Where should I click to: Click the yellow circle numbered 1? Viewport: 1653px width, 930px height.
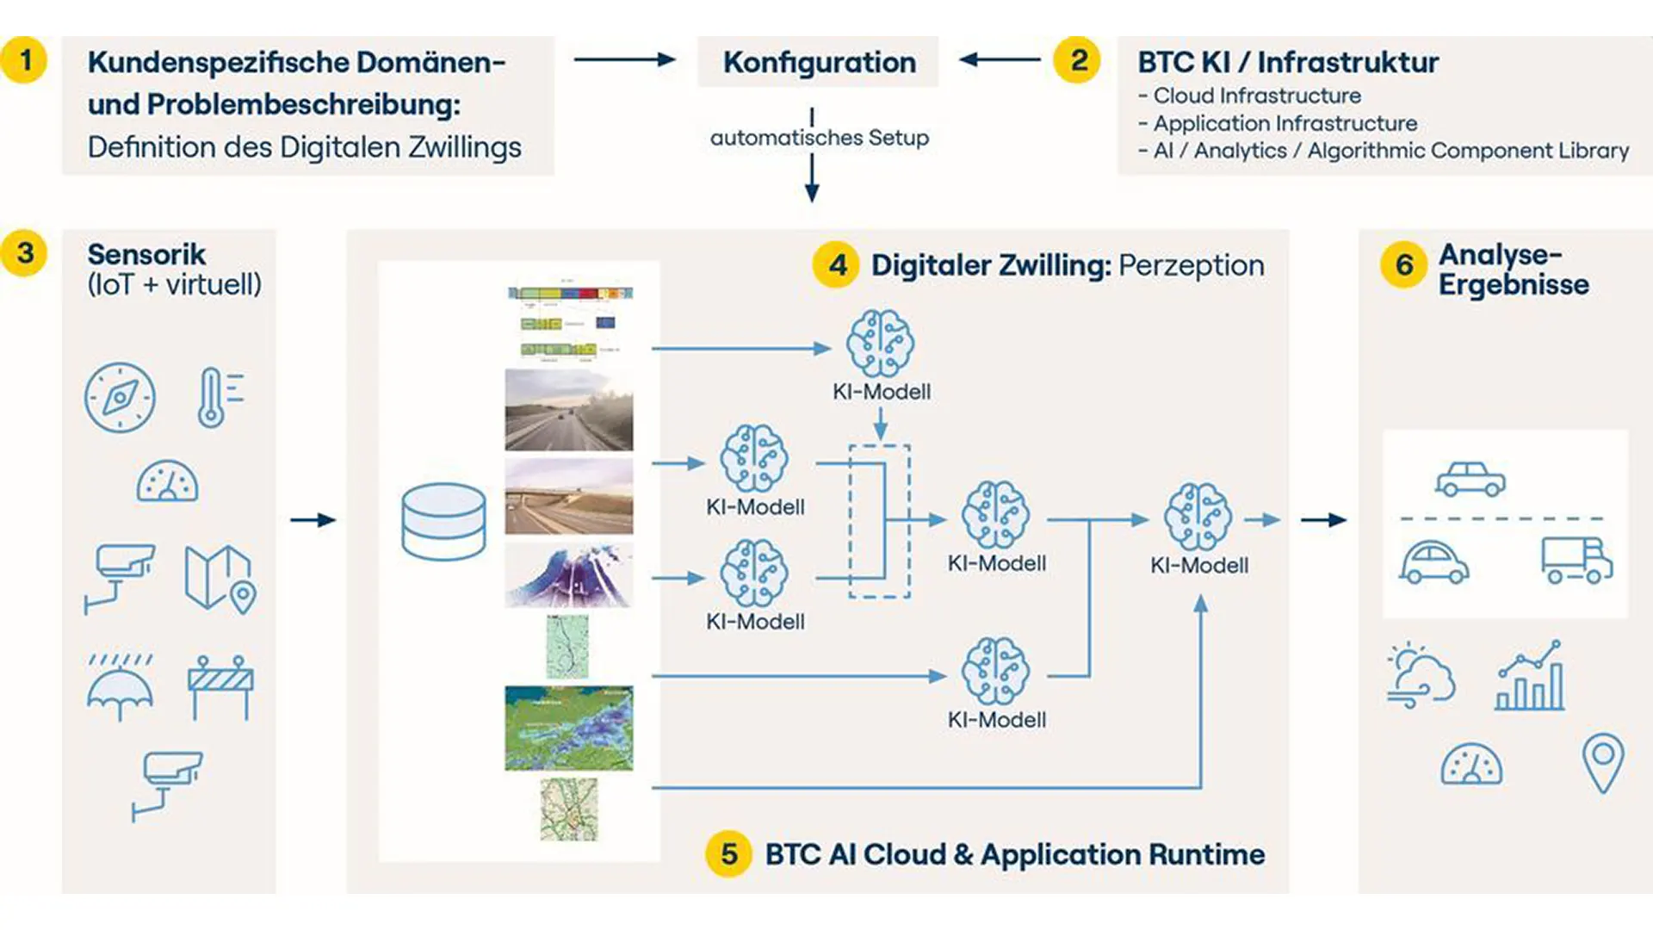(24, 60)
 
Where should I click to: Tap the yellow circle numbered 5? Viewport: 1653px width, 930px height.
(728, 853)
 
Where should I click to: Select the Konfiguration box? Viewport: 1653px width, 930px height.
(818, 62)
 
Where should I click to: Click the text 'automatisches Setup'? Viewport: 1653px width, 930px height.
(819, 138)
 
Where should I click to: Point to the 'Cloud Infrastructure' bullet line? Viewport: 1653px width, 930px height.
(1257, 96)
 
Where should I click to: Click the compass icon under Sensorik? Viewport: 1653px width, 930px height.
(120, 397)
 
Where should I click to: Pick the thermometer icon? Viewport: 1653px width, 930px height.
(218, 397)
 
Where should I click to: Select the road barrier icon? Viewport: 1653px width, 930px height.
(220, 686)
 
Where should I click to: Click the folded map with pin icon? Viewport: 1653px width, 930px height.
(220, 579)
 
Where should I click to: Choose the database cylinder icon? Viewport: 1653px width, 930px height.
(443, 521)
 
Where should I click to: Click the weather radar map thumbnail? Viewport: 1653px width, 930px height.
(568, 728)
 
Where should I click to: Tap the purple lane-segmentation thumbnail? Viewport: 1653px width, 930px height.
(568, 574)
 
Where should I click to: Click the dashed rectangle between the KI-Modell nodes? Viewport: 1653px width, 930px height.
(880, 521)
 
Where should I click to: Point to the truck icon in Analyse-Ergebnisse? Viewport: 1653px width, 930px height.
(1576, 561)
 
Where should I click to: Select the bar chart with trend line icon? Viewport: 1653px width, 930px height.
(1530, 676)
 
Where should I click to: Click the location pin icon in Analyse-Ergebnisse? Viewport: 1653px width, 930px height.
(1602, 762)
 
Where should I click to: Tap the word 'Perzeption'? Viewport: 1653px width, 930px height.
(1191, 265)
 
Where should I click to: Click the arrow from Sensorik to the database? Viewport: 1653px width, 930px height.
(313, 520)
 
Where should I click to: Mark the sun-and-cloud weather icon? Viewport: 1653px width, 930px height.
(1421, 676)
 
